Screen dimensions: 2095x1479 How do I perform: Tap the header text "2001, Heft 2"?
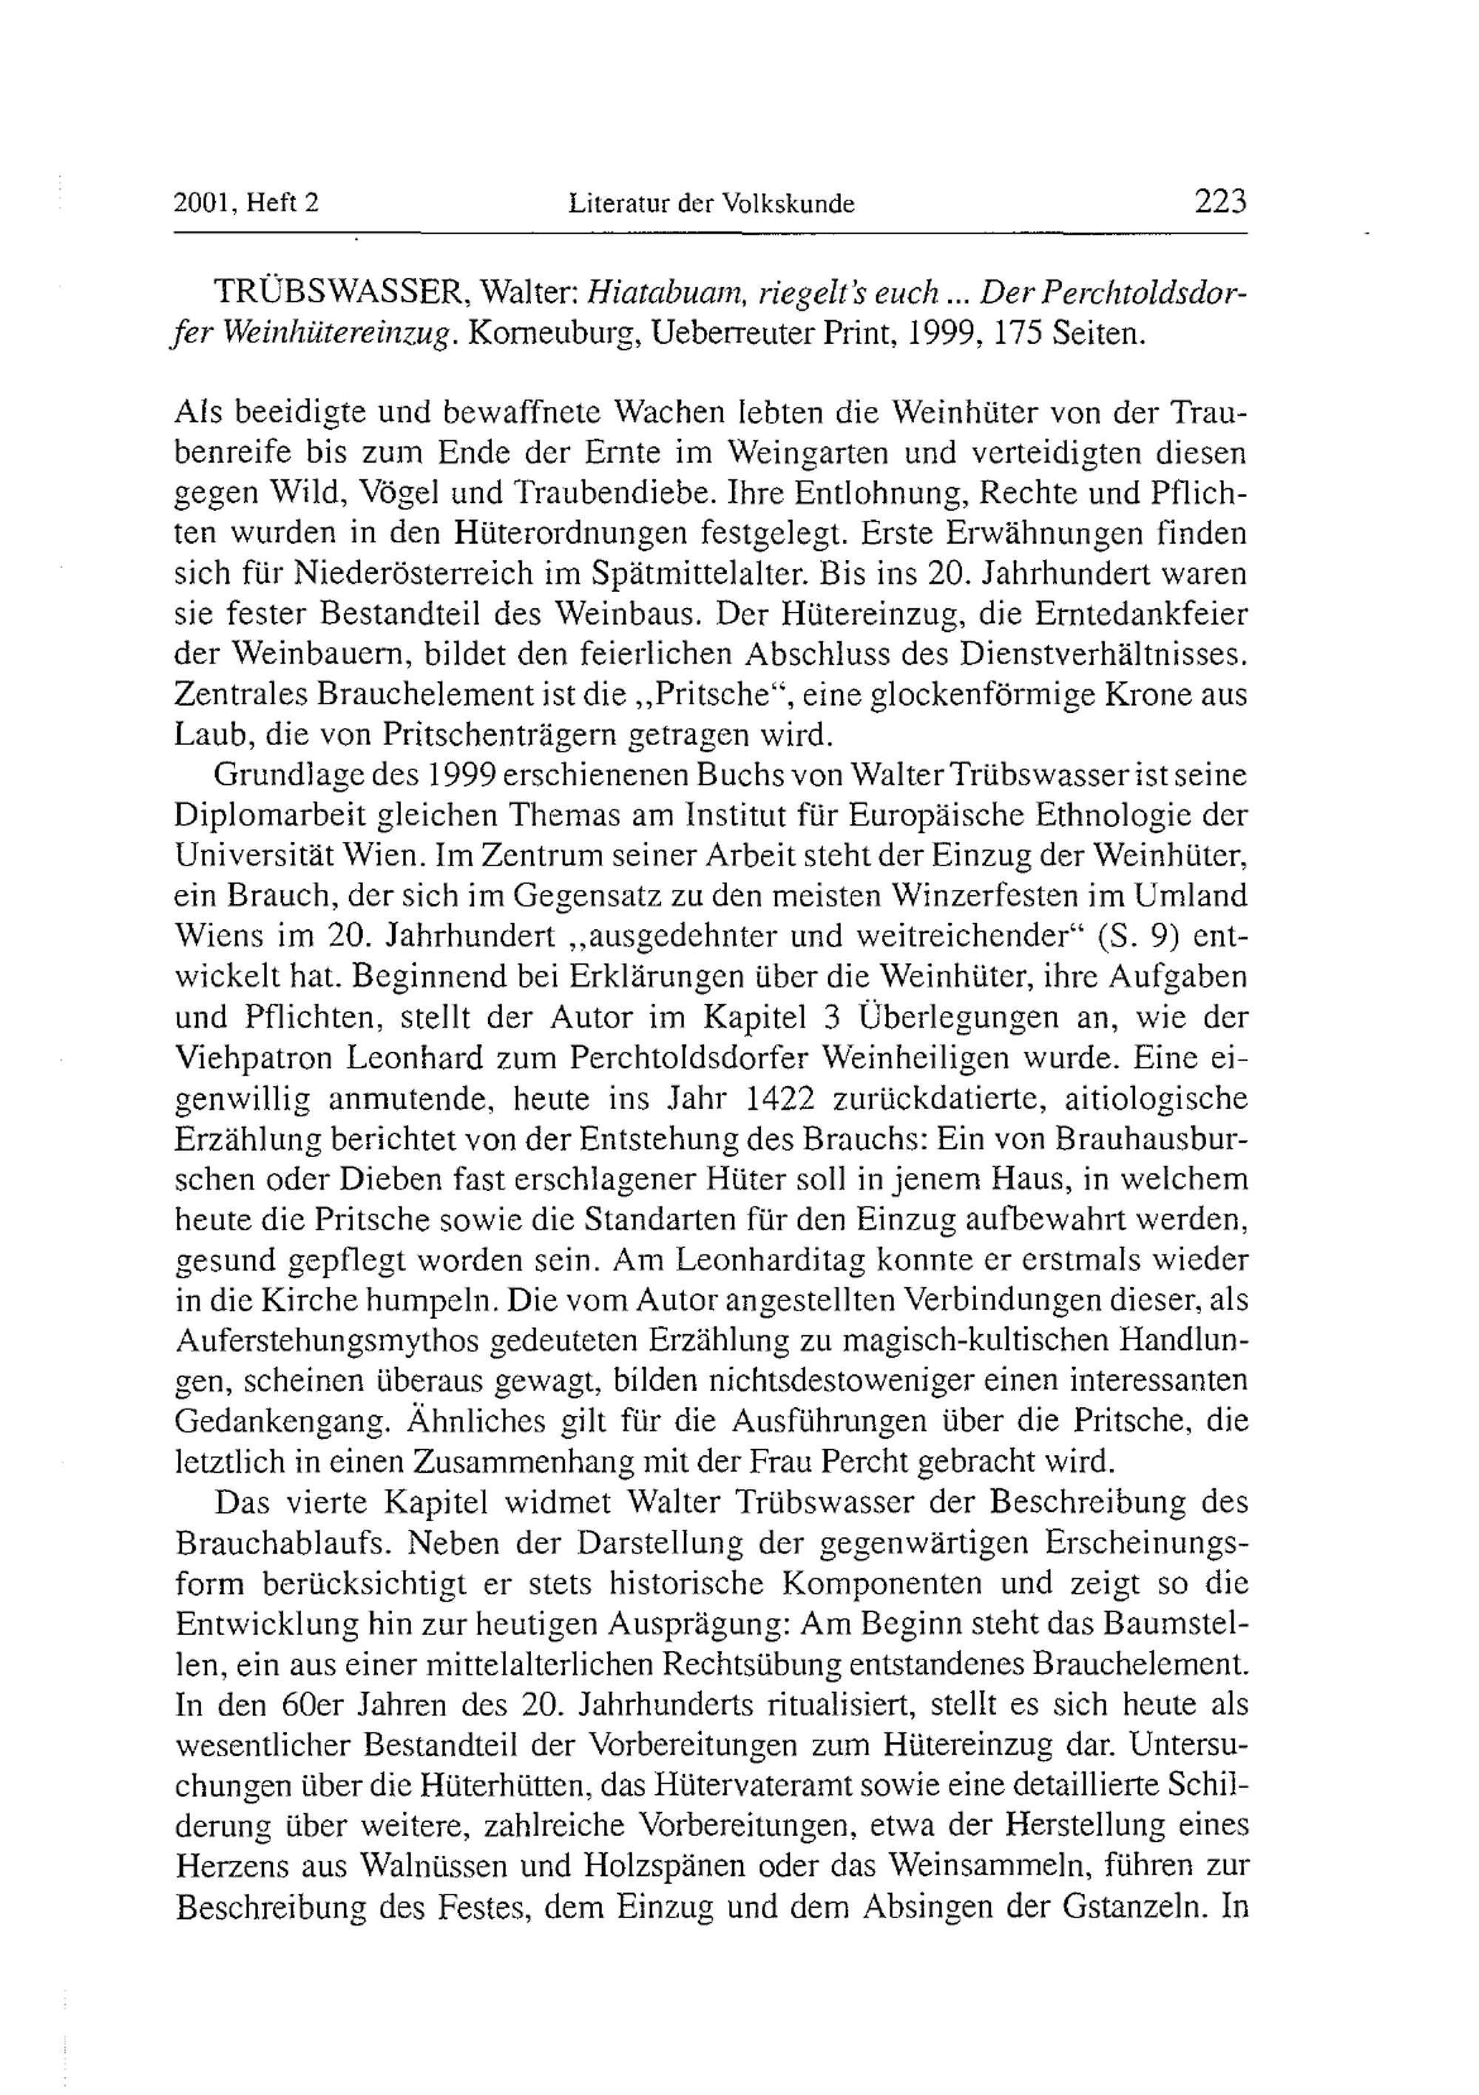click(x=246, y=203)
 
